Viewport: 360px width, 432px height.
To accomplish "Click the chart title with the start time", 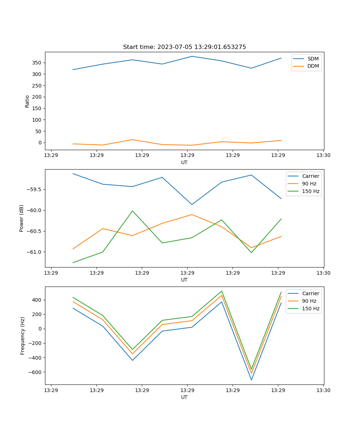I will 184,47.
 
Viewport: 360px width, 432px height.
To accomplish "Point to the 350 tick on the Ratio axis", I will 37,63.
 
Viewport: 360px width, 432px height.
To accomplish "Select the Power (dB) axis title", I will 22,218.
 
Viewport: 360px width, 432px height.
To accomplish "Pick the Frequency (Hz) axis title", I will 22,336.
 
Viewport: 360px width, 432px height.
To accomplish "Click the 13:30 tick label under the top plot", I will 323,156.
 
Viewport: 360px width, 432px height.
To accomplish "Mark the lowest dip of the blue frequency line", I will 251,380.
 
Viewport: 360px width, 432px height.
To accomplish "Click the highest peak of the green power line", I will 132,211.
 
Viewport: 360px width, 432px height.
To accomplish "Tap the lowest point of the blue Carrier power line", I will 192,204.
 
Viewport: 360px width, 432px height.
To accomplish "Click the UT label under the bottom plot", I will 184,397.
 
